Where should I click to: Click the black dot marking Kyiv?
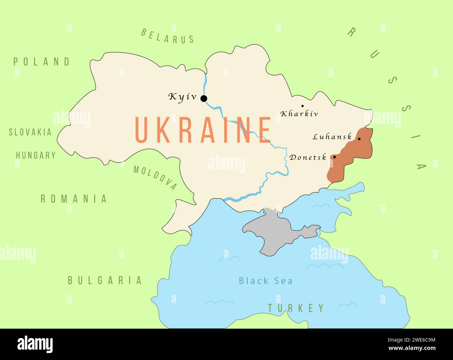pos(204,99)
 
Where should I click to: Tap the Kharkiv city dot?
pos(302,106)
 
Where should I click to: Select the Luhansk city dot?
pos(359,139)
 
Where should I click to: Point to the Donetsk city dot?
pos(335,157)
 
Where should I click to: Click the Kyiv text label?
pos(183,96)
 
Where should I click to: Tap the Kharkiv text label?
pos(299,114)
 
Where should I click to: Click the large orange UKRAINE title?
pos(203,130)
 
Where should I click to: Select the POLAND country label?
pos(42,62)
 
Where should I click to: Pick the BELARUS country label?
pos(167,36)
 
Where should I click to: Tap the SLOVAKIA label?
pos(30,132)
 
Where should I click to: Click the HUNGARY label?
pos(36,155)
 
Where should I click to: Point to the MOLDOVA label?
pos(155,178)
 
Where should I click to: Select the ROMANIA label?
pos(74,199)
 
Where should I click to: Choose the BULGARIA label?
pos(105,280)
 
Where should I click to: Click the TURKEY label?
pos(296,308)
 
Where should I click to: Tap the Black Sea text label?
pos(266,281)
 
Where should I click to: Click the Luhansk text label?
pos(332,137)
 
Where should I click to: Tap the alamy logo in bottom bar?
pos(35,344)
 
